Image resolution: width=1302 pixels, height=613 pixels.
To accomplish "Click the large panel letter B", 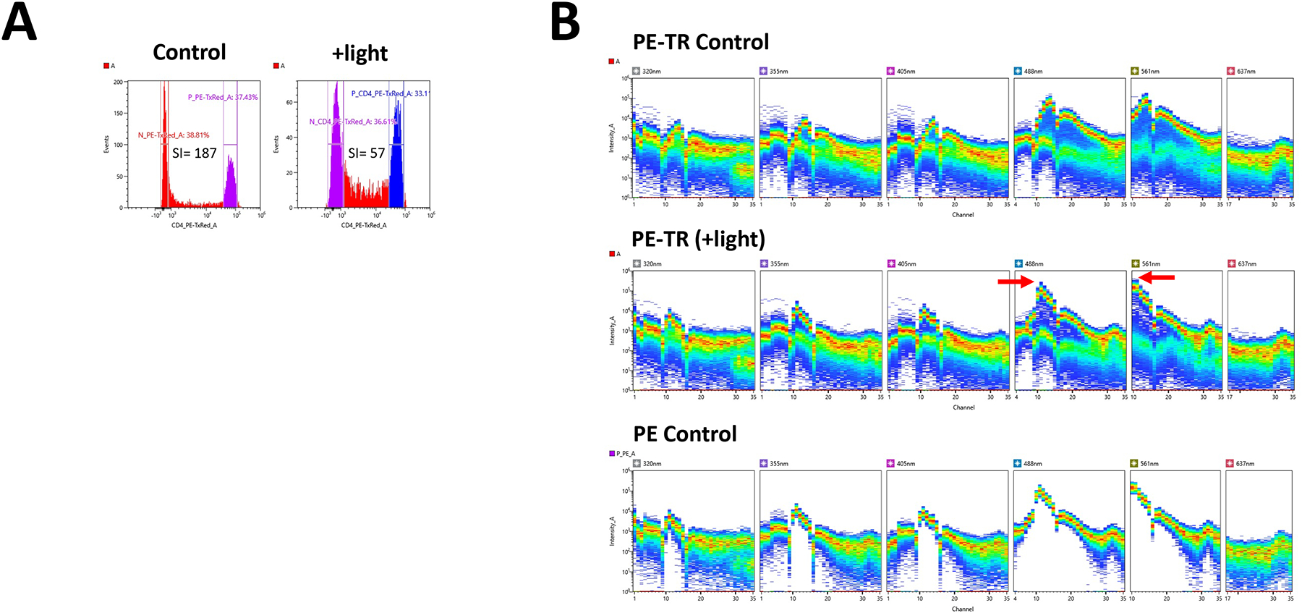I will (565, 22).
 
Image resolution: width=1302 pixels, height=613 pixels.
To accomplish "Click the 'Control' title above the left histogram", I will (190, 52).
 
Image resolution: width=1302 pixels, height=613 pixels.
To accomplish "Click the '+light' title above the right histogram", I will (359, 53).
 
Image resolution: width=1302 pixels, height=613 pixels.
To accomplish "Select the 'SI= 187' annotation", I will (194, 153).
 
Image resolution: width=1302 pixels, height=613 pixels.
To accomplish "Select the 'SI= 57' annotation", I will (366, 153).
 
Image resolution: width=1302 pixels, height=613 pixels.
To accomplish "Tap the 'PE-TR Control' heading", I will (700, 42).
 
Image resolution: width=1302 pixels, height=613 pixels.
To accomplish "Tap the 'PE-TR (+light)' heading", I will (698, 239).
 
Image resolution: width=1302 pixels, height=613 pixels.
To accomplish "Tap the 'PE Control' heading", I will (684, 434).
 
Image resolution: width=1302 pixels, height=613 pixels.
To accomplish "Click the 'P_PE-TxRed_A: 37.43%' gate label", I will (223, 97).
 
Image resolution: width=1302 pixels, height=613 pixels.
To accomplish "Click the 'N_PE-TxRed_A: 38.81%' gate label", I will (174, 135).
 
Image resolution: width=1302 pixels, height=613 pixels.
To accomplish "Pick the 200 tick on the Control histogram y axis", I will (118, 83).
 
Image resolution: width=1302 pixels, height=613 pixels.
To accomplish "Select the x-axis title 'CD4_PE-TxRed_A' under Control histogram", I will (194, 225).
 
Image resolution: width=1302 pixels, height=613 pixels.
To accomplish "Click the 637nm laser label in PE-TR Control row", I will (1246, 72).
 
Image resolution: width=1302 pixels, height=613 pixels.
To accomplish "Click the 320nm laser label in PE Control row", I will (651, 464).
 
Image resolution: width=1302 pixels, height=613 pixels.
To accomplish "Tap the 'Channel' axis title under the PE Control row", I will (962, 609).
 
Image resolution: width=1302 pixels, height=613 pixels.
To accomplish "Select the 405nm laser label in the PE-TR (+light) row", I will (906, 264).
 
